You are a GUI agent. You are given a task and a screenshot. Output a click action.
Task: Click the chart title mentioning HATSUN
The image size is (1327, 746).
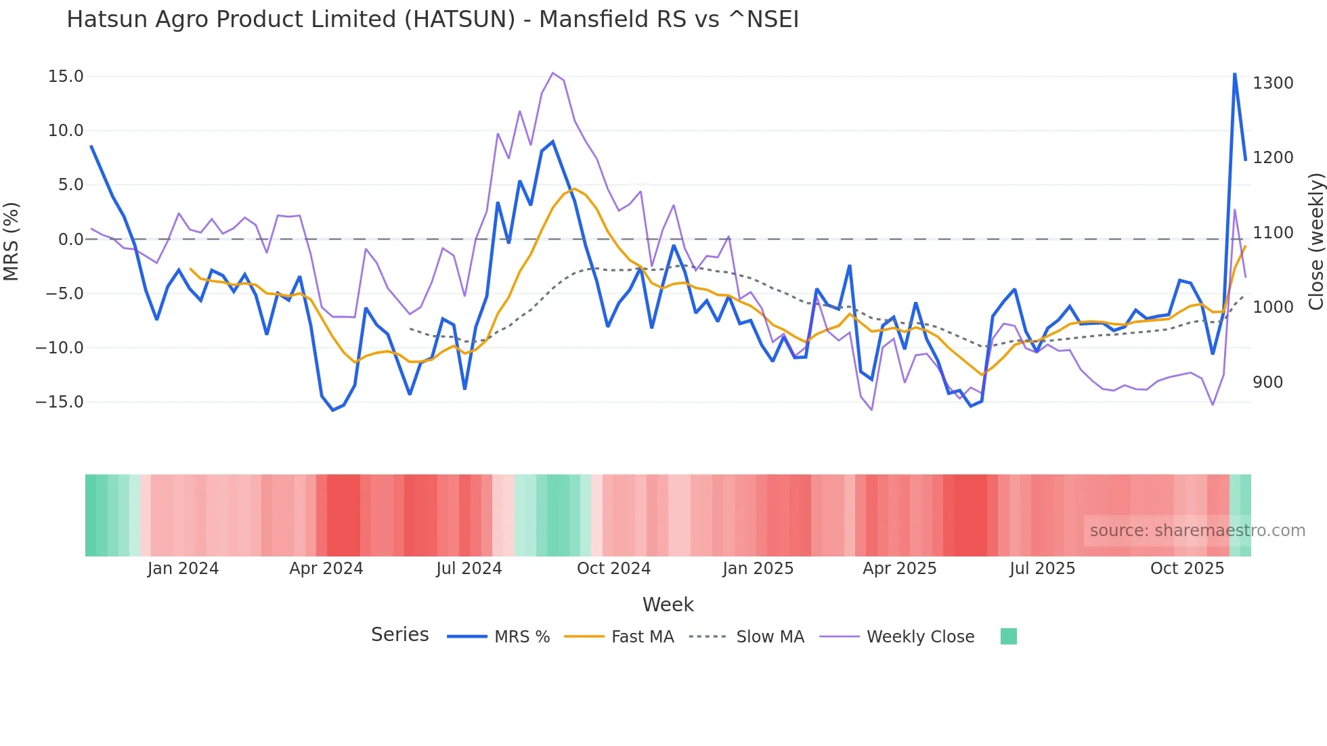click(433, 20)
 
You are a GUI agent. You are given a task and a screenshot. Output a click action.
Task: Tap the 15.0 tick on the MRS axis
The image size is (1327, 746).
click(66, 76)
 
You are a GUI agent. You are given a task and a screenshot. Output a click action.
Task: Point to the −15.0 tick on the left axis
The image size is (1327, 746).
click(60, 402)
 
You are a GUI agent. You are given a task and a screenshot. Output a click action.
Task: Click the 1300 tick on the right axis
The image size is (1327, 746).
click(1273, 83)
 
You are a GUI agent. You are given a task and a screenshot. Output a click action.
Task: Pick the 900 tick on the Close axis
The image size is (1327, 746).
click(1267, 382)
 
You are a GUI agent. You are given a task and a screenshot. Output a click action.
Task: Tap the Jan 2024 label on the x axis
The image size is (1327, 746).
click(183, 569)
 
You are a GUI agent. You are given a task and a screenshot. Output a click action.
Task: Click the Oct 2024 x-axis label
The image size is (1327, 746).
click(613, 569)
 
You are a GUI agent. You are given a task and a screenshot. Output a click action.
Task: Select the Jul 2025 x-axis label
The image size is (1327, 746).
click(1042, 569)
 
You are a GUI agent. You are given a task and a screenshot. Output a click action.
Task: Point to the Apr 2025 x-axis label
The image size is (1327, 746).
click(899, 569)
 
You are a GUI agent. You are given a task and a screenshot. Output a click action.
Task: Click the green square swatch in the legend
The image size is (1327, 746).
click(1008, 636)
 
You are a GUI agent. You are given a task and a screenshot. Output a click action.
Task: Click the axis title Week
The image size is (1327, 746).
click(668, 605)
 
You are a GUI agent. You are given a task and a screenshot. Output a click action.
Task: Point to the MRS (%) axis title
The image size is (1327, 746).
click(12, 242)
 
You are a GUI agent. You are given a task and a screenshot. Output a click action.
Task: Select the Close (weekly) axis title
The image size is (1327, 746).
click(1315, 242)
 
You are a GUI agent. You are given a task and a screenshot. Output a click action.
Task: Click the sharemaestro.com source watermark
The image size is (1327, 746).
click(1197, 531)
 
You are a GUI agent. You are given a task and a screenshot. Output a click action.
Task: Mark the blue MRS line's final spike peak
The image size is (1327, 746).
click(1234, 74)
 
